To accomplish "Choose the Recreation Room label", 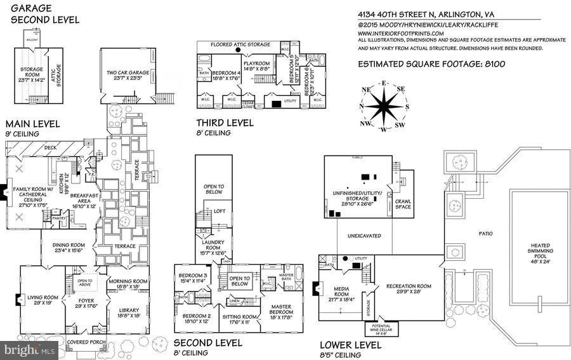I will [409, 289].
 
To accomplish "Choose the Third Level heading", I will [224, 123].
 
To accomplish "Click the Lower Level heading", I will [350, 345].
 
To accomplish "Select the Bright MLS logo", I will [29, 350].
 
